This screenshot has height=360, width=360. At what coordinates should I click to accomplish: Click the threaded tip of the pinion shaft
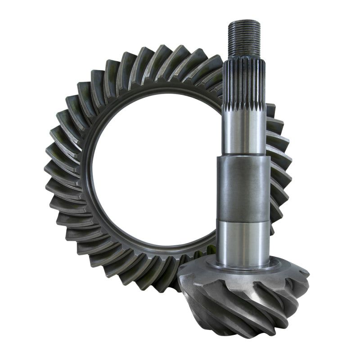click(x=244, y=38)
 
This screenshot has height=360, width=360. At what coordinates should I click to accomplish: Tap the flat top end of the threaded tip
click(x=244, y=21)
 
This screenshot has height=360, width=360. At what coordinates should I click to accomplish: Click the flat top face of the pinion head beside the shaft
click(x=283, y=270)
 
